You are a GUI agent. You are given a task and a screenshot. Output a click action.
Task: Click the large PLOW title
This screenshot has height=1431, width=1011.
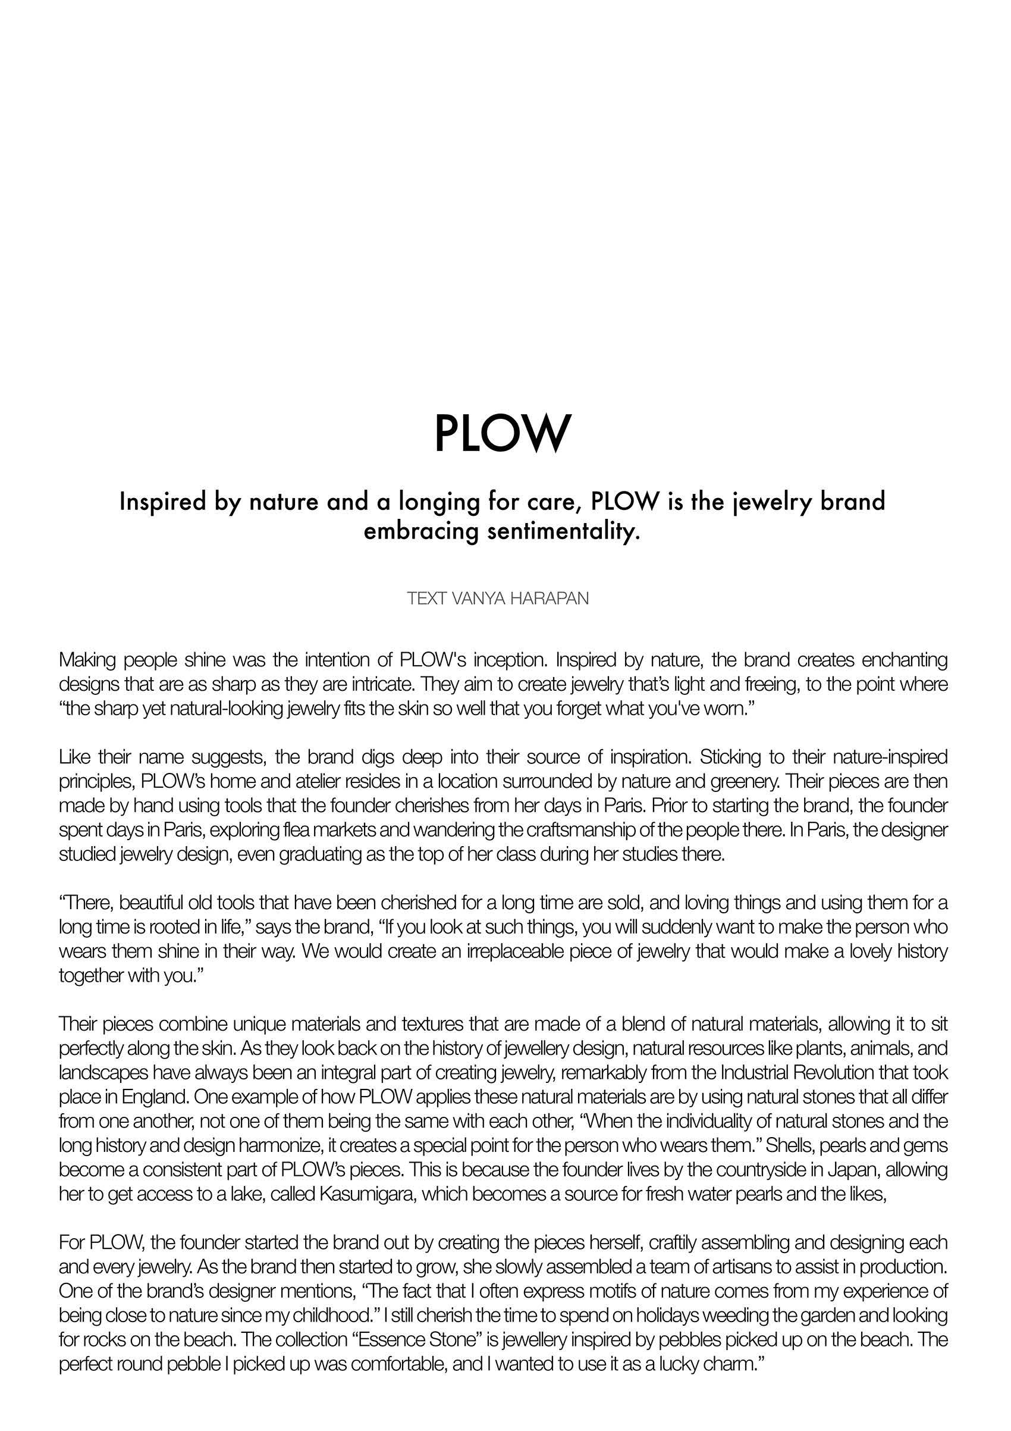coord(502,433)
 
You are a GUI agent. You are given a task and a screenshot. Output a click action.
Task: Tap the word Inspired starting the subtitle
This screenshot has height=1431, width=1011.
coord(162,502)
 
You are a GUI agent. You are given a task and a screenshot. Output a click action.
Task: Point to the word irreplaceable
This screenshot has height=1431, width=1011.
coord(467,951)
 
